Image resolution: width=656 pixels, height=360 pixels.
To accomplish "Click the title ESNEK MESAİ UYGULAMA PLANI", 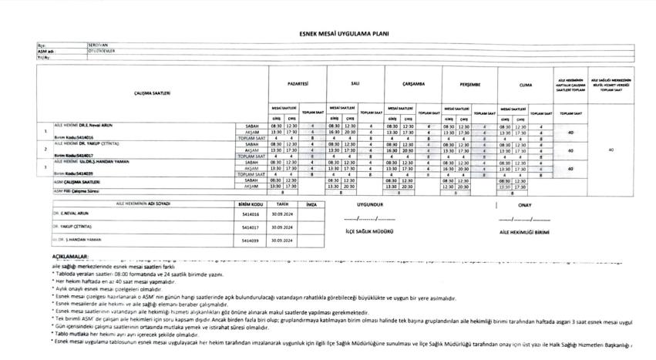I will click(328, 34).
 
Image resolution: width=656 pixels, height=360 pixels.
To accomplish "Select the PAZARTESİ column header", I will click(297, 82).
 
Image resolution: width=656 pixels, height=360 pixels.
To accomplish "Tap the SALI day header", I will click(355, 82).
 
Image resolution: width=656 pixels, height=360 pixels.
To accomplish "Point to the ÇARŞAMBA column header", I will click(413, 82).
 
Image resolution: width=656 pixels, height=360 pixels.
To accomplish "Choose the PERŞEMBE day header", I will click(469, 82).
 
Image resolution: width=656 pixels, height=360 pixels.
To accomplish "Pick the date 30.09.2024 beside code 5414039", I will click(279, 241).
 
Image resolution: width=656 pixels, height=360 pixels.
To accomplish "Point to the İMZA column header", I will click(311, 204).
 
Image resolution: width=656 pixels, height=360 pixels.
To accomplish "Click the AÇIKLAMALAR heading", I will click(70, 254).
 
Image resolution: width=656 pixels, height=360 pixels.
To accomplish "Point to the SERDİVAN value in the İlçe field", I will click(97, 45).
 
